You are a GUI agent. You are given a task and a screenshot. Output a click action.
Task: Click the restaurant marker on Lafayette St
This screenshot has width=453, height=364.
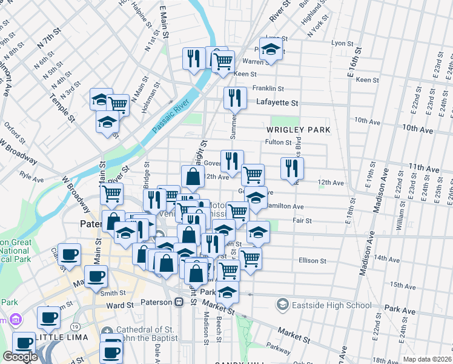[234, 97]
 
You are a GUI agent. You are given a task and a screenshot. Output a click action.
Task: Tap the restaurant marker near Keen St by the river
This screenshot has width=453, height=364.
[194, 58]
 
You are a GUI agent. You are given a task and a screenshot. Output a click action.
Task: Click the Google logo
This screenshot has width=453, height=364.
[20, 357]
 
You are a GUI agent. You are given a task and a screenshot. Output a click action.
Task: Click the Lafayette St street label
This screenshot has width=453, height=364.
[277, 103]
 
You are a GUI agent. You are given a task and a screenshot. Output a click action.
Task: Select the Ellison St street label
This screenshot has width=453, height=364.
[312, 261]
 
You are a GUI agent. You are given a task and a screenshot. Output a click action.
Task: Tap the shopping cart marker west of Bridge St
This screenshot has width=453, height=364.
[111, 194]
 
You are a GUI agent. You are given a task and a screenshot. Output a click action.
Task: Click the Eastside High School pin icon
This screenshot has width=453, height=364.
[283, 303]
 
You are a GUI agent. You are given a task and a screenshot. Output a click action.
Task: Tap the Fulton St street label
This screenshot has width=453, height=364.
[278, 142]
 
